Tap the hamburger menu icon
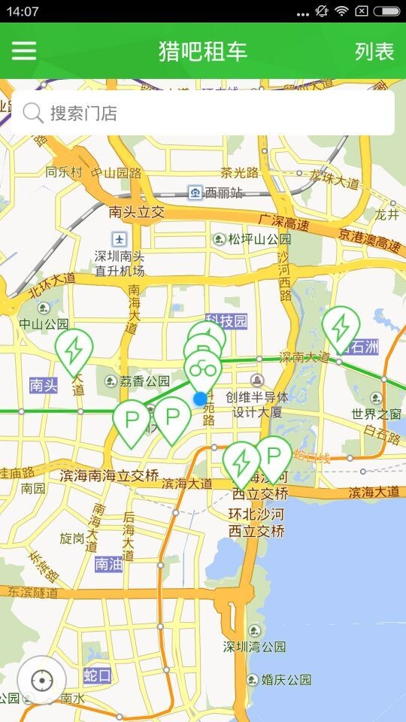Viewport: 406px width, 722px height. pos(23,50)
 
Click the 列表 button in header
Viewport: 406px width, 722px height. pos(374,51)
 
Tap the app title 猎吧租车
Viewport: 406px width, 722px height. pos(203,51)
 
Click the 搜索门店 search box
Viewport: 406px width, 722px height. pos(203,113)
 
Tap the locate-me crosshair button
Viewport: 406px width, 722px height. pos(41,681)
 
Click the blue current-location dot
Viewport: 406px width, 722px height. pos(199,399)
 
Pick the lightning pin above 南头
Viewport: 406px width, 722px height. pos(74,350)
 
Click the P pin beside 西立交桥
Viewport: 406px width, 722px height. pos(274,456)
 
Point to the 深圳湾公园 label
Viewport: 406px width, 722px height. pos(254,647)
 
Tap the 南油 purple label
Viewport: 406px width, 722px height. pos(108,563)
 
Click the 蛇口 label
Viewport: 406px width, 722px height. pos(98,675)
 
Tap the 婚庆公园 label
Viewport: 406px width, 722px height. pos(286,680)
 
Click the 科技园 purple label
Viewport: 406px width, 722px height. pos(226,322)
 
